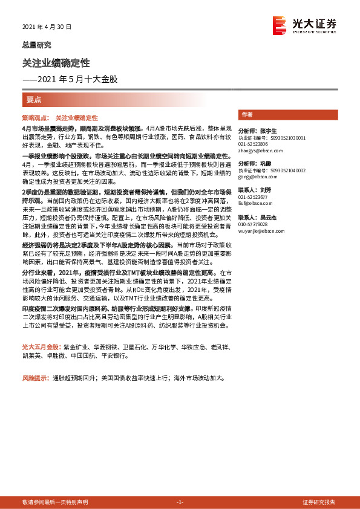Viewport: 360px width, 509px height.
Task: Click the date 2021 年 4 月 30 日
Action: click(x=47, y=27)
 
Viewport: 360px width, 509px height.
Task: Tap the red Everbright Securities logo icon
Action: click(x=280, y=25)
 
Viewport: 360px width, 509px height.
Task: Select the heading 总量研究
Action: click(x=36, y=45)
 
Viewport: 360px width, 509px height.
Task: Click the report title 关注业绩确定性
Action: click(x=56, y=62)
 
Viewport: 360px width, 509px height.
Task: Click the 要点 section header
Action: click(x=34, y=99)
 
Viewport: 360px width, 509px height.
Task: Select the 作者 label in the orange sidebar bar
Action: click(x=246, y=114)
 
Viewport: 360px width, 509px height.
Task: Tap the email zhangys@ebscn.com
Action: click(x=257, y=151)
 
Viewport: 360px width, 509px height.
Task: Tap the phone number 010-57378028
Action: click(x=254, y=224)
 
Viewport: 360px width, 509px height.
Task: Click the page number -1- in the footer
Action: click(x=179, y=502)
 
